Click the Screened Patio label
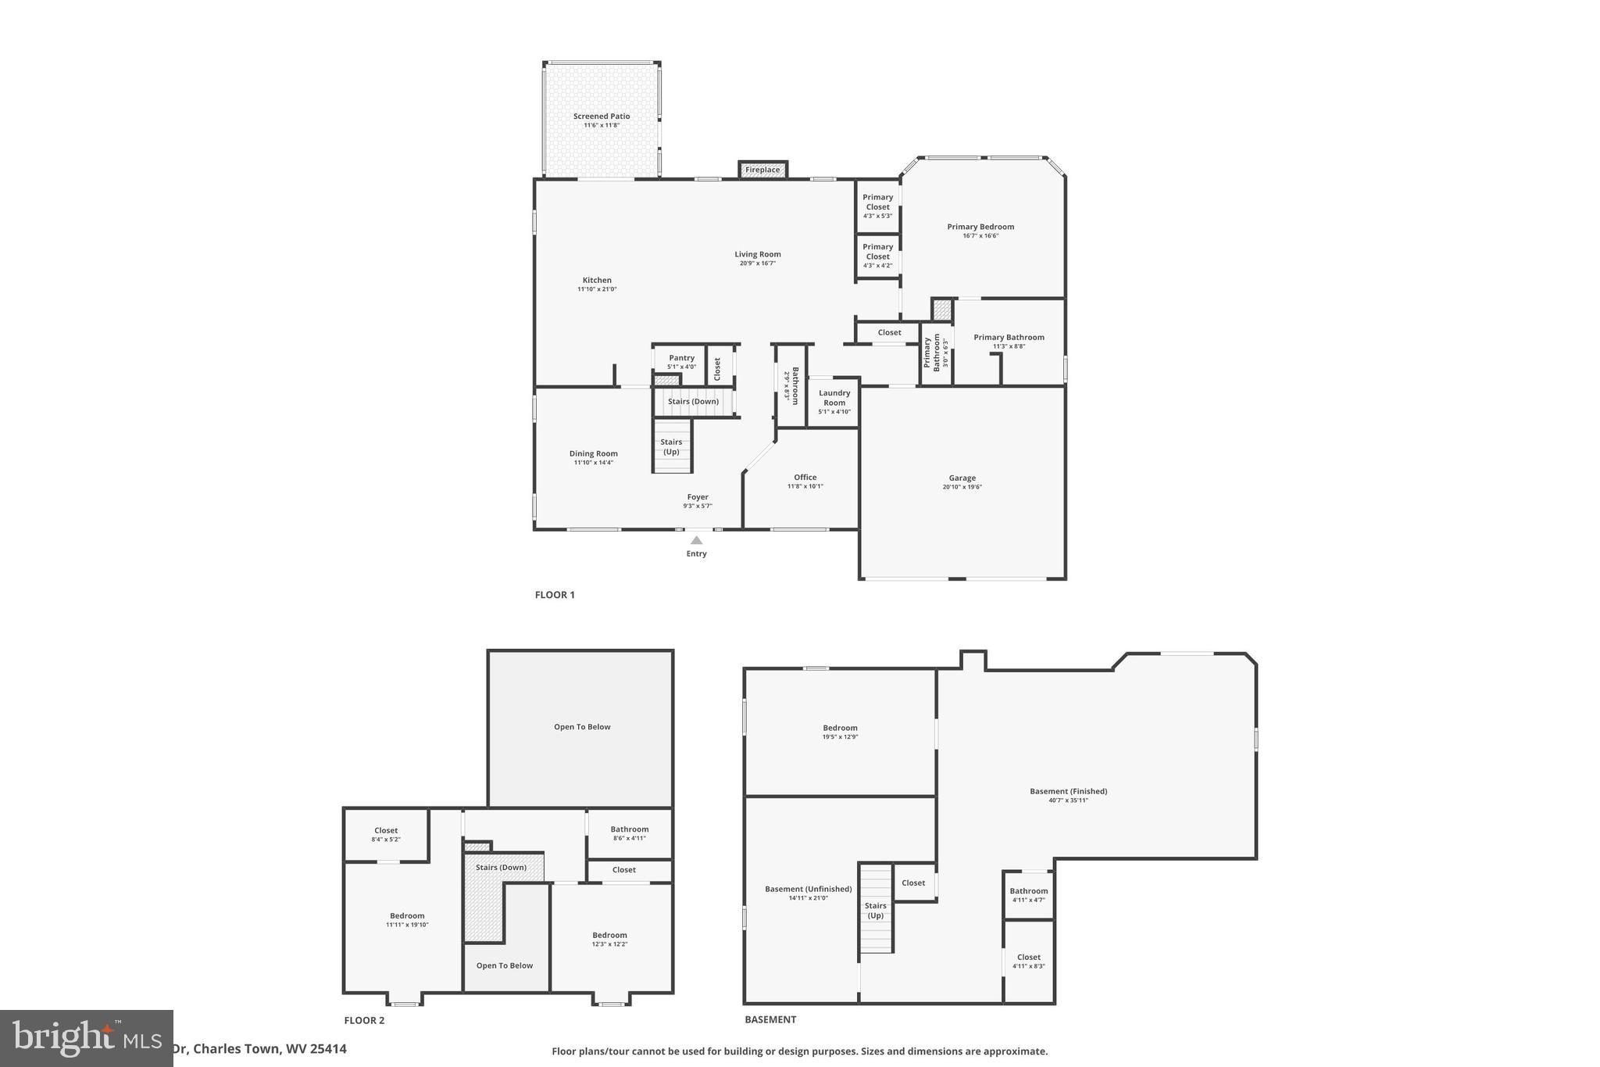pyautogui.click(x=602, y=116)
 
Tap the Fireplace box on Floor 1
pyautogui.click(x=762, y=170)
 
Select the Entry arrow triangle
pyautogui.click(x=696, y=540)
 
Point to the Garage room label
pyautogui.click(x=962, y=478)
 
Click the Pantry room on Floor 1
pyautogui.click(x=681, y=362)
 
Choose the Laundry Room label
pyautogui.click(x=834, y=398)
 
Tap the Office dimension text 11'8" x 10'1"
pyautogui.click(x=805, y=486)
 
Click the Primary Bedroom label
pyautogui.click(x=980, y=227)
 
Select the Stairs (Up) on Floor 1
pyautogui.click(x=672, y=447)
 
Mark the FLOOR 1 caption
pyautogui.click(x=555, y=595)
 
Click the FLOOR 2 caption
pyautogui.click(x=364, y=1020)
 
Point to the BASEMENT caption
pyautogui.click(x=770, y=1019)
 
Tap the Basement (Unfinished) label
pyautogui.click(x=808, y=889)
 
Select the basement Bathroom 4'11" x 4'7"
pyautogui.click(x=1028, y=895)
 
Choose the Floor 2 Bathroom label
pyautogui.click(x=629, y=829)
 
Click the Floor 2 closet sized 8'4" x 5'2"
pyautogui.click(x=386, y=834)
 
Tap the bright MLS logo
pyautogui.click(x=86, y=1038)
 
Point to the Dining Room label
pyautogui.click(x=593, y=453)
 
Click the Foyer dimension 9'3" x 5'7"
pyautogui.click(x=697, y=506)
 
